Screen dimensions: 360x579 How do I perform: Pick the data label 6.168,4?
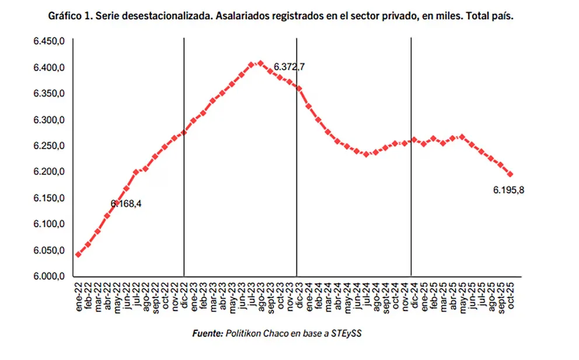pos(126,204)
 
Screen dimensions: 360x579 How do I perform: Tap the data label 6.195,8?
pos(508,190)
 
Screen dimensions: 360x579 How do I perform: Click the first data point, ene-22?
pos(78,254)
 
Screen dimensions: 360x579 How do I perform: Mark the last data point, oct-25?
pos(511,174)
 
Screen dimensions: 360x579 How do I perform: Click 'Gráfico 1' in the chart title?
pos(69,17)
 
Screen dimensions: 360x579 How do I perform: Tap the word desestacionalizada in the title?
pos(165,17)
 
